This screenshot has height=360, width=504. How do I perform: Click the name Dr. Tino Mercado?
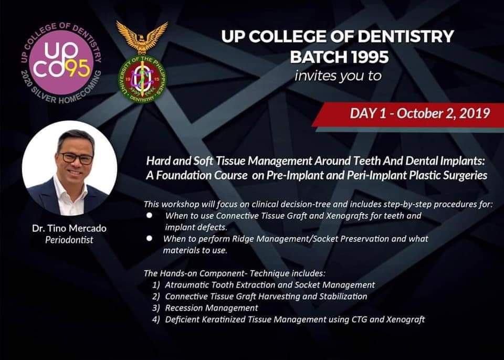tap(69, 228)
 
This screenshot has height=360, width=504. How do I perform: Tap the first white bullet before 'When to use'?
tap(150, 215)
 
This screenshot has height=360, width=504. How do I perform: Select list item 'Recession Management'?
tap(211, 308)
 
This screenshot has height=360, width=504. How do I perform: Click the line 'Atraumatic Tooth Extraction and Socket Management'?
tap(269, 284)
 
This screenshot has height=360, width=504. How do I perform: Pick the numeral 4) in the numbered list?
tap(156, 319)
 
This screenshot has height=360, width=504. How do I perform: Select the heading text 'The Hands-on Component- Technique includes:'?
tap(234, 273)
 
